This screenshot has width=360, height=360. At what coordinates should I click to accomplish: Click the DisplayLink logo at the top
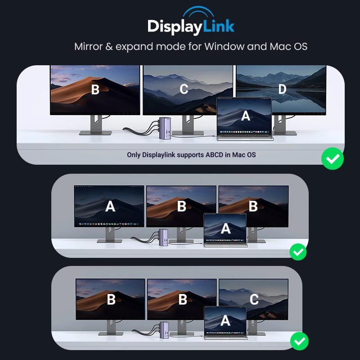click(191, 27)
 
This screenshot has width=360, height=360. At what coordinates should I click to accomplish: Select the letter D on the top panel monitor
click(282, 90)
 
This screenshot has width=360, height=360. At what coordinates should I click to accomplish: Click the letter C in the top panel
click(184, 90)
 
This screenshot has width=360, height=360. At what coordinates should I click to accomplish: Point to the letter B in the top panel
click(95, 90)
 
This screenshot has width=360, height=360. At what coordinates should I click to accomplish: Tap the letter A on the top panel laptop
click(245, 116)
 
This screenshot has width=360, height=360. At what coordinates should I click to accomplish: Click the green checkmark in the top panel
click(333, 158)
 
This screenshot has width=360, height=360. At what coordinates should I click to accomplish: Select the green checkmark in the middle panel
click(297, 252)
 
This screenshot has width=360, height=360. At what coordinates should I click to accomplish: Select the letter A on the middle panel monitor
click(110, 207)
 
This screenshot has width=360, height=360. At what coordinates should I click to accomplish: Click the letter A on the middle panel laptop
click(225, 229)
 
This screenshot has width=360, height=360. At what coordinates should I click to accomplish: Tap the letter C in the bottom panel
click(254, 300)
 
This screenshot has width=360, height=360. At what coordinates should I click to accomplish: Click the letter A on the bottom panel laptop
click(225, 320)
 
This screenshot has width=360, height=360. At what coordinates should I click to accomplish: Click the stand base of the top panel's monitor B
click(95, 133)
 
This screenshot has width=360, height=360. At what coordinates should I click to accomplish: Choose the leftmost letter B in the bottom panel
click(111, 300)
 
